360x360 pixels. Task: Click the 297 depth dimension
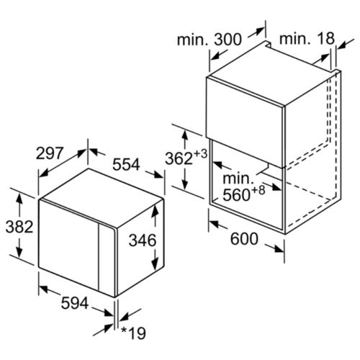click(50, 153)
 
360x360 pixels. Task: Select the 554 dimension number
click(126, 165)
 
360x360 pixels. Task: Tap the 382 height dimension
click(19, 227)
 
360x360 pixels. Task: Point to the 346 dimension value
click(143, 240)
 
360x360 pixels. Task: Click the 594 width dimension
click(75, 303)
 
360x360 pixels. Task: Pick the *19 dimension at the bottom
click(133, 333)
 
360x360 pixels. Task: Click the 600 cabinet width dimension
click(244, 239)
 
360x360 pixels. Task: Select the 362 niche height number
click(179, 158)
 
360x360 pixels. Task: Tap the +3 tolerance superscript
click(200, 154)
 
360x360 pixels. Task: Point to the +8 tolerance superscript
click(258, 190)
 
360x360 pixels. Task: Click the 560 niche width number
click(237, 195)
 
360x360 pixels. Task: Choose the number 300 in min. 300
click(228, 40)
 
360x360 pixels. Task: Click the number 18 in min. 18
click(325, 38)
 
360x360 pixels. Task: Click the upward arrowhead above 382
click(19, 199)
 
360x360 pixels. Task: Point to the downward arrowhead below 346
click(156, 264)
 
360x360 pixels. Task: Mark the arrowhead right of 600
click(279, 249)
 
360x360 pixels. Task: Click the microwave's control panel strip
click(107, 260)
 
